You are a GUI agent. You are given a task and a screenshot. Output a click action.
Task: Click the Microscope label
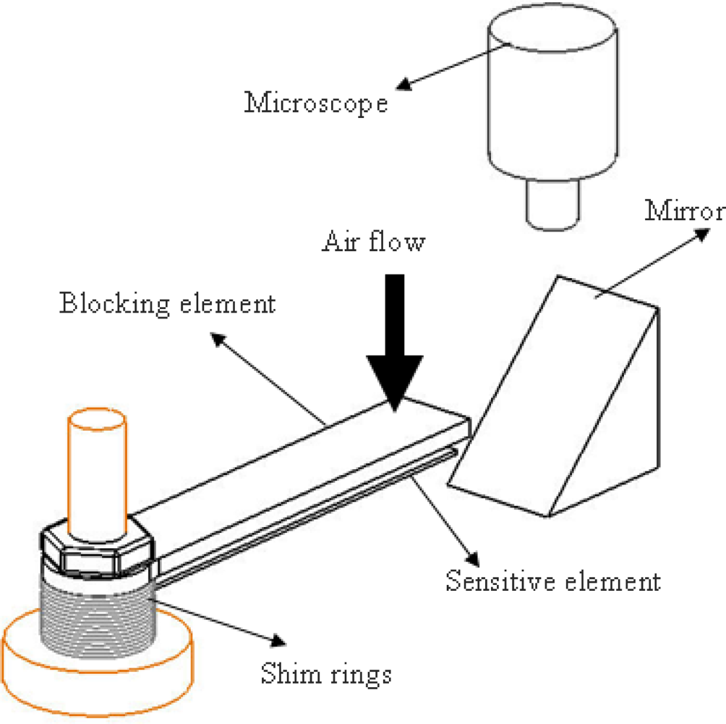tap(316, 103)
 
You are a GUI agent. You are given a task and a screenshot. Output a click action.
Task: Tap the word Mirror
tap(684, 211)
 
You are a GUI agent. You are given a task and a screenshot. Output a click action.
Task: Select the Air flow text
tap(372, 241)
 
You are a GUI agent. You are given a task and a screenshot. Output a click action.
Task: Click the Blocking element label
tap(167, 303)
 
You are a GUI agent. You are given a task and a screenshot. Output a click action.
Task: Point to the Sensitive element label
tap(552, 581)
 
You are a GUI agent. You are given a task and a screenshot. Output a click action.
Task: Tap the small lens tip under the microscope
tap(552, 203)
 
